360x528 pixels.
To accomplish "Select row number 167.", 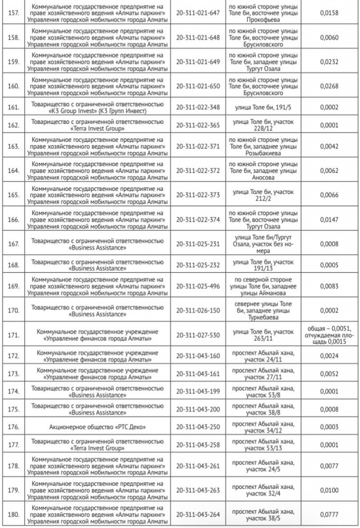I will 14,244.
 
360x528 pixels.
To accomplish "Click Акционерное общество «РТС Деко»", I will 97,427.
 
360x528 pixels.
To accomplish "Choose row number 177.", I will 14,444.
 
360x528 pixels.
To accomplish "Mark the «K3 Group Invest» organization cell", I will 97,107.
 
